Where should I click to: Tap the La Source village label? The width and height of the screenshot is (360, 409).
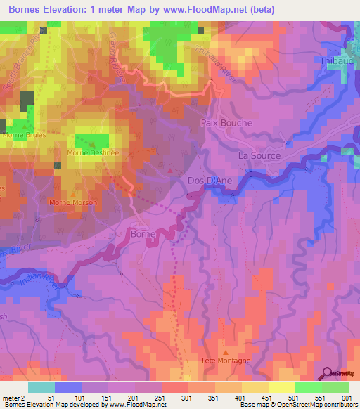point(259,156)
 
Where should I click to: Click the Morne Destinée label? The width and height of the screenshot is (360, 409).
point(92,152)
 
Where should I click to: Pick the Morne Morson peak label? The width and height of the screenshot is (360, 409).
point(72,202)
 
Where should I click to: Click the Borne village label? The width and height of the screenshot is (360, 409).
point(144,233)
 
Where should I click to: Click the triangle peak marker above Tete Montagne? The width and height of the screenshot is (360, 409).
point(225,351)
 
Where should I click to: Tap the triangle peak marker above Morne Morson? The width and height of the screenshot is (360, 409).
point(74,193)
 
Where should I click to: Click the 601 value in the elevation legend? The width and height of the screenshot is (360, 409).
point(348,396)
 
